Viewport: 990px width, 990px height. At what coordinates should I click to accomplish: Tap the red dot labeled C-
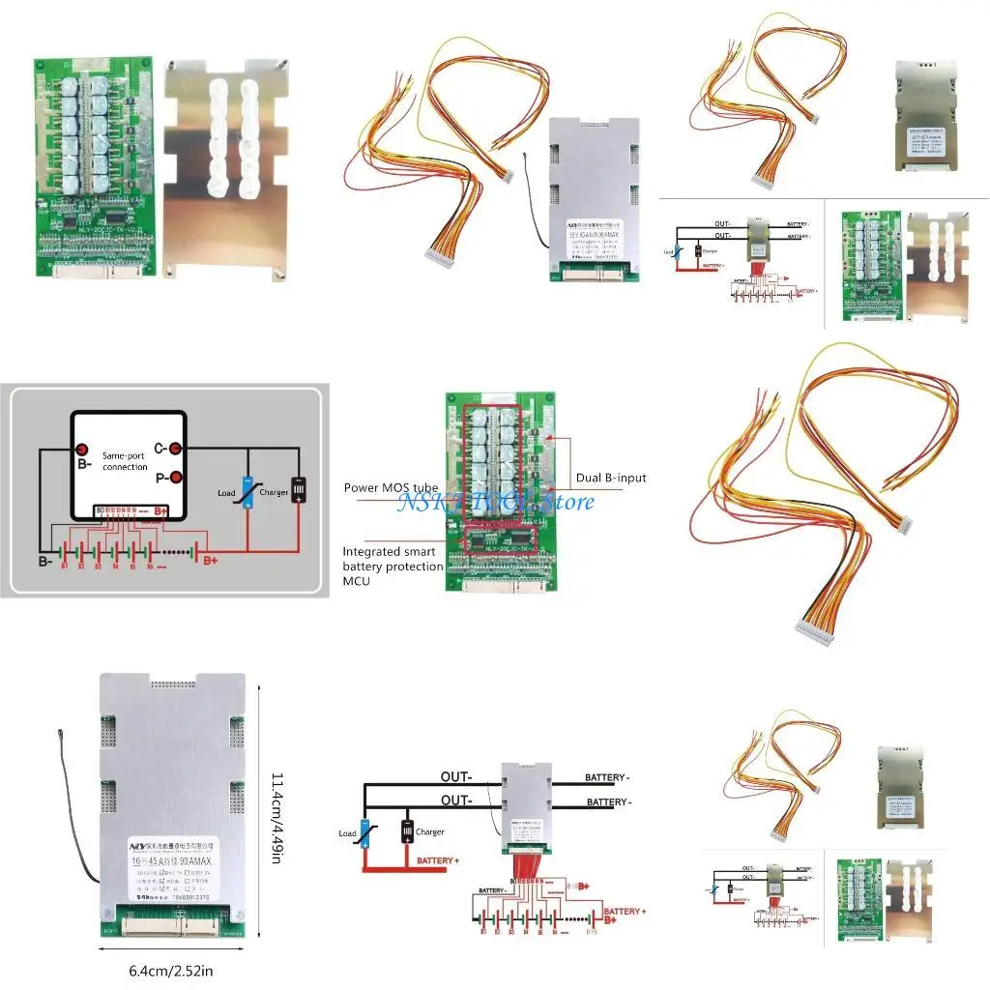click(175, 449)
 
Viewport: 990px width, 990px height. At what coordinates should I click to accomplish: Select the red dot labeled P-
click(175, 477)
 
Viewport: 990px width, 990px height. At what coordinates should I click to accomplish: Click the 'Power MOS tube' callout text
click(391, 488)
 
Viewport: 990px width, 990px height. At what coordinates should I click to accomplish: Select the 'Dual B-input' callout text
click(611, 478)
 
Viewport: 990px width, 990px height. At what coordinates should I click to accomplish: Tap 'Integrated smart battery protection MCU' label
click(393, 566)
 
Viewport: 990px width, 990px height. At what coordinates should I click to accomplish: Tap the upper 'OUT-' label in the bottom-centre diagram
click(456, 776)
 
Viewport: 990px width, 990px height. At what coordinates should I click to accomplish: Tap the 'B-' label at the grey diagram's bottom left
click(45, 561)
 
